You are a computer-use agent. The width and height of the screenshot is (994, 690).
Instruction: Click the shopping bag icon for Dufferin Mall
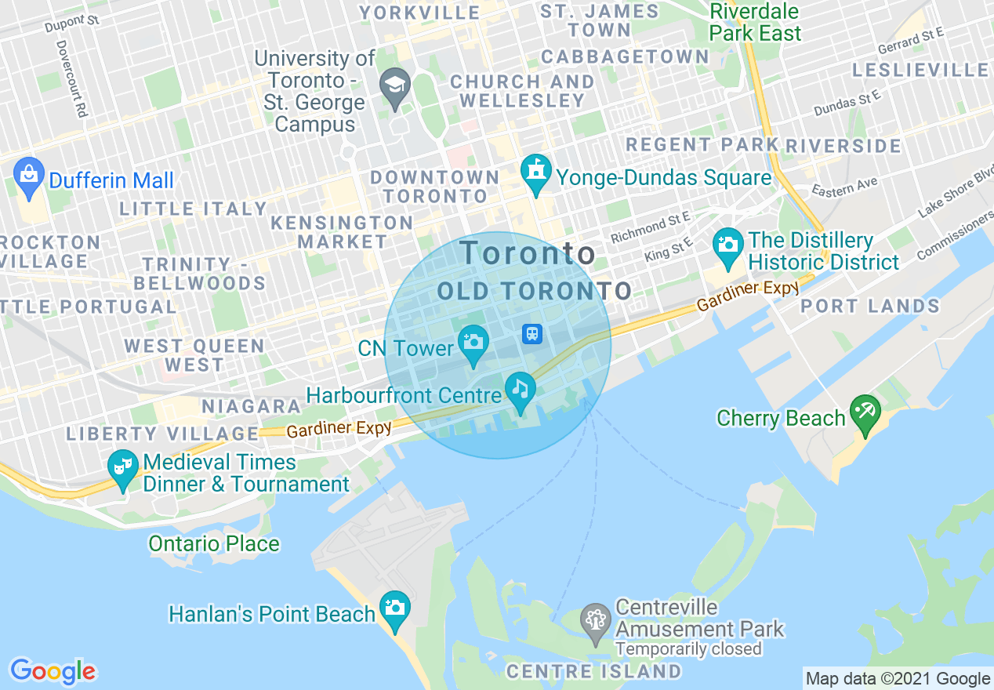(x=29, y=178)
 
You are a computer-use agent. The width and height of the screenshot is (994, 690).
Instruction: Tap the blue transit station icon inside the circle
(x=532, y=334)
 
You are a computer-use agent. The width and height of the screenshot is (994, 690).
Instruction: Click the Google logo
(x=53, y=670)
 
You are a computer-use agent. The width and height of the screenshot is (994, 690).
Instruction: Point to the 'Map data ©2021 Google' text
(x=898, y=678)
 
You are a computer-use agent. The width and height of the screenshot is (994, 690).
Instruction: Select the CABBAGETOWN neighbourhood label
(x=625, y=56)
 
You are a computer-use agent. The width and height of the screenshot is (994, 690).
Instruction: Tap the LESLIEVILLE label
(x=920, y=70)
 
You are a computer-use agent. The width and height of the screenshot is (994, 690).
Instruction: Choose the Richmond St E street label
(x=651, y=227)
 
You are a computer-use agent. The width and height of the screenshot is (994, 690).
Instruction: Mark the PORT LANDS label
(x=870, y=307)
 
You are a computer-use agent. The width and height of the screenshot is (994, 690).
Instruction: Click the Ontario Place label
(x=214, y=543)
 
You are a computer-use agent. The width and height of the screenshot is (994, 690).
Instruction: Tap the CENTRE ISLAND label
(x=593, y=671)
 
